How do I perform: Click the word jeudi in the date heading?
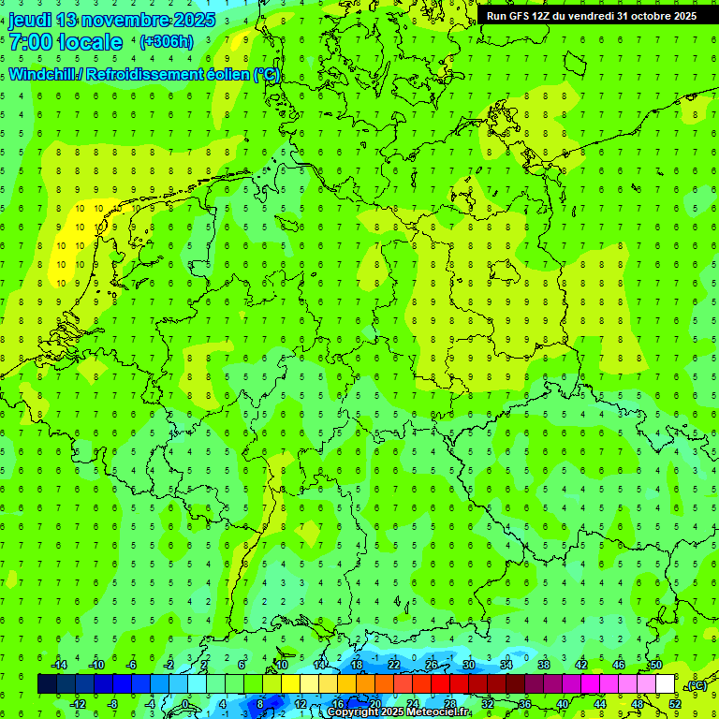33,20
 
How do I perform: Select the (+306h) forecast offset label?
166,42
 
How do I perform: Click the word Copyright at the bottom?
353,712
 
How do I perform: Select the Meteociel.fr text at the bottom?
439,712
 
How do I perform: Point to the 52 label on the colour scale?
675,704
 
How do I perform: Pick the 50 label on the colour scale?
655,666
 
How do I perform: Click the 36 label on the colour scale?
525,704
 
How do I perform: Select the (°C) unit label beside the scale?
697,685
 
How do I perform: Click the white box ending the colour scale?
666,684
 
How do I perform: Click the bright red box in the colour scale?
441,684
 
